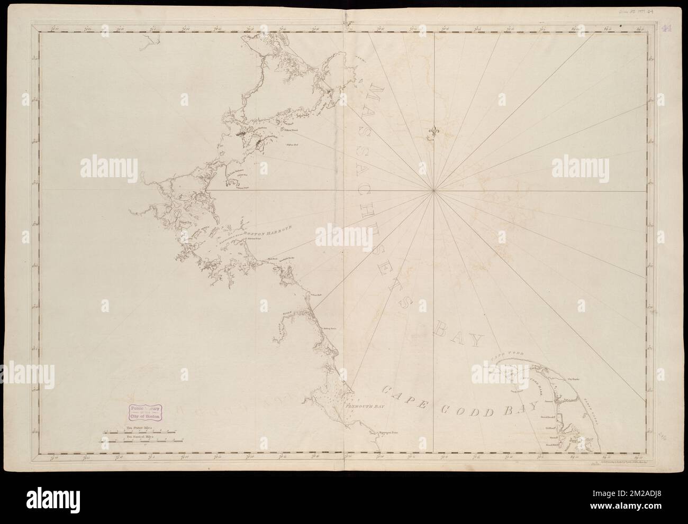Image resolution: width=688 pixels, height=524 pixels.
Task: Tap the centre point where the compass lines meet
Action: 433,190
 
